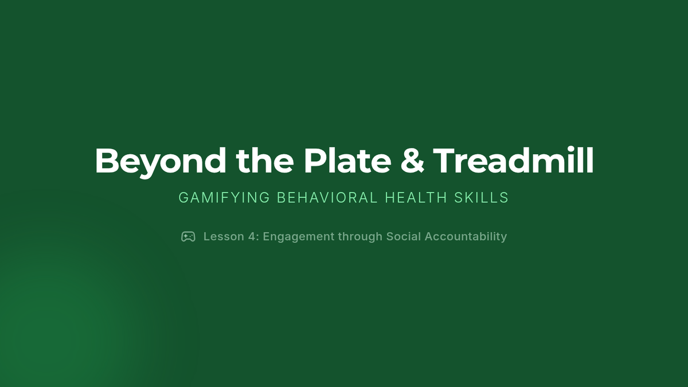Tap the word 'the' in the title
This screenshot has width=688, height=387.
[265, 161]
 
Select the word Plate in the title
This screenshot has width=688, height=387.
[347, 161]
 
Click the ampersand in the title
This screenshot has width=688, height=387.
[412, 161]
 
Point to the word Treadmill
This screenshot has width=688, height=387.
[513, 161]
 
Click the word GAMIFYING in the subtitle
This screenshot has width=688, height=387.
[224, 197]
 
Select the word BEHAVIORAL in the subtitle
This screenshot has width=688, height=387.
[327, 197]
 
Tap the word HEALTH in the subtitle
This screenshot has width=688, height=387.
[416, 197]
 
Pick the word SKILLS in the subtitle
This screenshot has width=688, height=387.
[482, 197]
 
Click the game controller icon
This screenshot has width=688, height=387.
[188, 236]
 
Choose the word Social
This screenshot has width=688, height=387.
[404, 236]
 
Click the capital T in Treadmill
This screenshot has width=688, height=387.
[444, 161]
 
